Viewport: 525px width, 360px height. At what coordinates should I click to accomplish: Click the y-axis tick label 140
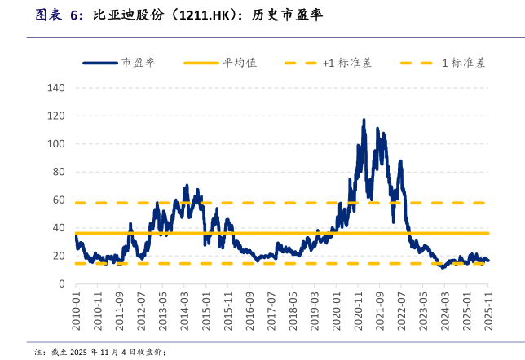click(x=56, y=87)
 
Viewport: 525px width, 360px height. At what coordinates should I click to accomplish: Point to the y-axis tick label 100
click(x=56, y=143)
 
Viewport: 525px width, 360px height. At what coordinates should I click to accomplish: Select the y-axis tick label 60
click(x=59, y=200)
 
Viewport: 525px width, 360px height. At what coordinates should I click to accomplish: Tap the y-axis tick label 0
click(x=61, y=283)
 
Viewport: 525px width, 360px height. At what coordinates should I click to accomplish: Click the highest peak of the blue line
click(x=364, y=120)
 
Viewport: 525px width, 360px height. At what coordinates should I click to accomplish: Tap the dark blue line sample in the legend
click(x=100, y=63)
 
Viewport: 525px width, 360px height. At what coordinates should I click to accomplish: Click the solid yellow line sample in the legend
click(x=201, y=63)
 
